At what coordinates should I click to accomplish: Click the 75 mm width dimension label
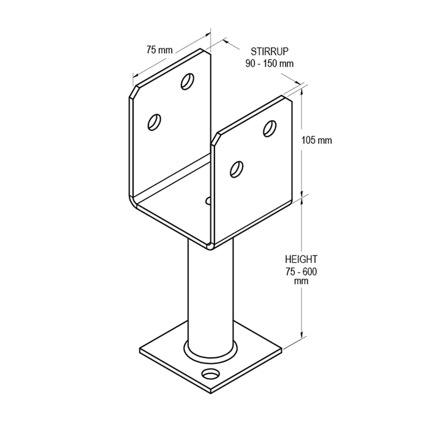click(x=159, y=50)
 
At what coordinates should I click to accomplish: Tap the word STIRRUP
click(x=270, y=51)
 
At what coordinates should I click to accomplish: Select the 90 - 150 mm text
click(x=270, y=64)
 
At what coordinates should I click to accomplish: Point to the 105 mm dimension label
click(x=317, y=140)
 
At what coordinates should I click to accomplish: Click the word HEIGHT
click(x=302, y=259)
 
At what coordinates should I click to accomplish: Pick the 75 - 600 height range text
click(x=302, y=271)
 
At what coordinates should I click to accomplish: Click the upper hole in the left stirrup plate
click(x=188, y=82)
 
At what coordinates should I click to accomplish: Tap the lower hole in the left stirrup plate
click(x=154, y=122)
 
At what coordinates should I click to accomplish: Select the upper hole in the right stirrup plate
click(x=270, y=128)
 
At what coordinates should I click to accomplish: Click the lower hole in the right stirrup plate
click(x=237, y=169)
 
